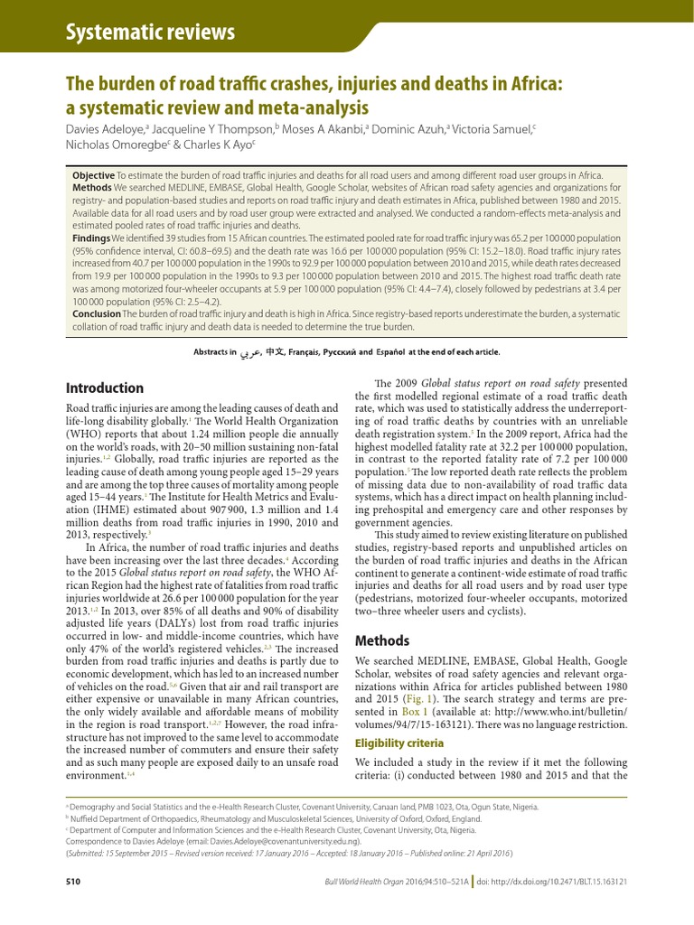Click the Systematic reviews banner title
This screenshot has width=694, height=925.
click(151, 33)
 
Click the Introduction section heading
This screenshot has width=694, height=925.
click(105, 388)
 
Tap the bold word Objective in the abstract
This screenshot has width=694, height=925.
click(93, 174)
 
